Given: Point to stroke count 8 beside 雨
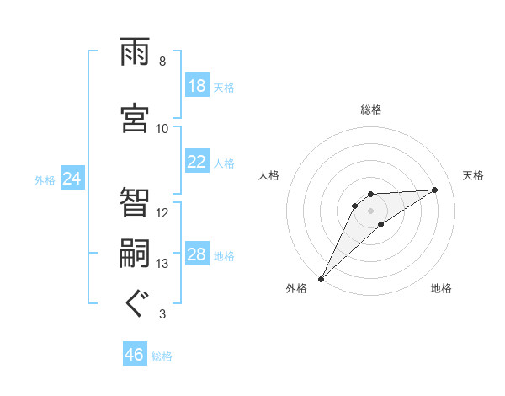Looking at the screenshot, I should tap(162, 62).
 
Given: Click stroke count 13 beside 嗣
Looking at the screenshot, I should tap(162, 264).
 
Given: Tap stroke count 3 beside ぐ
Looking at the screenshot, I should tap(162, 314).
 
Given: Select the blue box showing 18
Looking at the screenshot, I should tap(197, 86).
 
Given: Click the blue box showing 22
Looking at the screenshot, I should tap(197, 162).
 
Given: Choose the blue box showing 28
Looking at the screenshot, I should tap(197, 254).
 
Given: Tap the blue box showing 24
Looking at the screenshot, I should tap(72, 179).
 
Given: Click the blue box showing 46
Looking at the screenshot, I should tap(135, 355).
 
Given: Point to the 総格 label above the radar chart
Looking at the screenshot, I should tap(371, 110).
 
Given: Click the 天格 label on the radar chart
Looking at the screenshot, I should tap(473, 175).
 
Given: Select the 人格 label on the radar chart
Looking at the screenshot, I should tap(269, 175).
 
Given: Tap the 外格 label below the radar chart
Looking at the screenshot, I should tap(296, 288).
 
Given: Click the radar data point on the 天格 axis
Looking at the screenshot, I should tap(435, 190).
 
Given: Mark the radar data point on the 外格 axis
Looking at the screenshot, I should tap(321, 279).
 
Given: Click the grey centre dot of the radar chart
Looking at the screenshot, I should tap(371, 211).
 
